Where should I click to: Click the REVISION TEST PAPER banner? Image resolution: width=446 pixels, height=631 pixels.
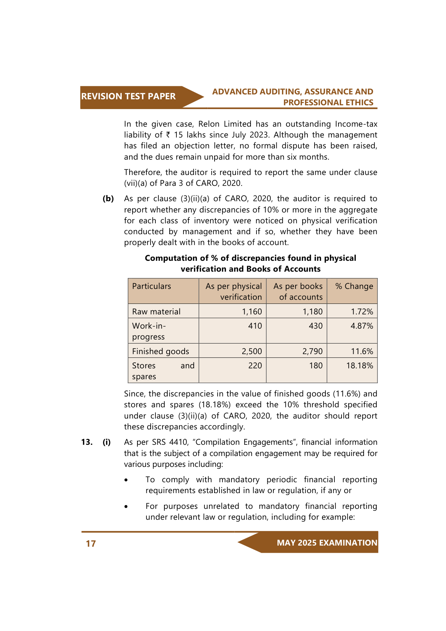tap(128, 97)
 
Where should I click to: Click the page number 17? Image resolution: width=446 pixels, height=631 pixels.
tap(91, 544)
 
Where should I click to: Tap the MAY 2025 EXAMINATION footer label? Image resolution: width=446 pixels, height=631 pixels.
tap(327, 543)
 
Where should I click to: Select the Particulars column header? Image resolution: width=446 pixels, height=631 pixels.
tap(152, 286)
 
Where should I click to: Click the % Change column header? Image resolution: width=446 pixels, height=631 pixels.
tap(354, 286)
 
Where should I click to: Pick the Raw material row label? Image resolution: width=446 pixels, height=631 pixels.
tap(156, 312)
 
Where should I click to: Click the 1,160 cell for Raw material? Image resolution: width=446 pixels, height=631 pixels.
tap(252, 312)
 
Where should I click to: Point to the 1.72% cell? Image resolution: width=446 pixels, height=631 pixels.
tap(362, 312)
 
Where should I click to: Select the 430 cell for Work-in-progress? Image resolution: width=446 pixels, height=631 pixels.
tap(316, 326)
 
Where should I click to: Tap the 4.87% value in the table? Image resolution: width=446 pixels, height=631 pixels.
tap(362, 326)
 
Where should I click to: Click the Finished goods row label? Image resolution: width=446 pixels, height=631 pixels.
tap(161, 351)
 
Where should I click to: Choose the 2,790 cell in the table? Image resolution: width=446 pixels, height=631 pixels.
tap(312, 351)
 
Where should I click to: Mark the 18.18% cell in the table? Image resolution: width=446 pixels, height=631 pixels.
tap(359, 366)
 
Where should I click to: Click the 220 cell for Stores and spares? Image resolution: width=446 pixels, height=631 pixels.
tap(255, 366)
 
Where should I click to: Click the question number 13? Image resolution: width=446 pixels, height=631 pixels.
tap(87, 442)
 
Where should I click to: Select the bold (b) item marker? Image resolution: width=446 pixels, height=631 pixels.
tap(108, 199)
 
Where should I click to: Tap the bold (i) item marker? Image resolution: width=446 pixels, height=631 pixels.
tap(107, 442)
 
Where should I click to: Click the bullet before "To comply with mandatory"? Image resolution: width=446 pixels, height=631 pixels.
tap(127, 480)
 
